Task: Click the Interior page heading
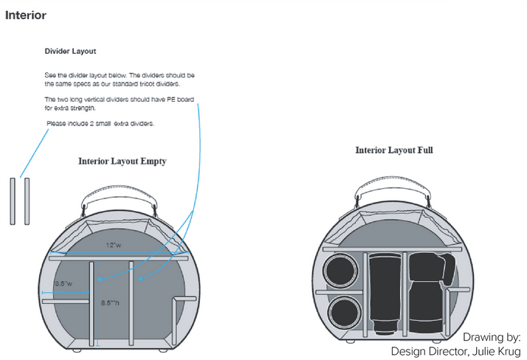26,15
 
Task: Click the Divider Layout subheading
70,52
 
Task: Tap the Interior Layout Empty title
123,161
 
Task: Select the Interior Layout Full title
394,150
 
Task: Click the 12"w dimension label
112,244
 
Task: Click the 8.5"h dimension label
110,302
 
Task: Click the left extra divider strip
13,200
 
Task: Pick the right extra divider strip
27,200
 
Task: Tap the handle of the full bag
392,184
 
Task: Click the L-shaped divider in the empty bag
175,317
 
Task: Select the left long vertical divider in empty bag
93,302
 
